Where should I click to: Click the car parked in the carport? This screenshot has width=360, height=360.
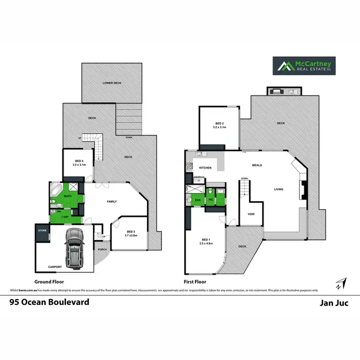[x=74, y=247]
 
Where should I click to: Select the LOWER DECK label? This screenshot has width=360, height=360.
[x=112, y=83]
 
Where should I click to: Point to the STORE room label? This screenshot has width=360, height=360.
[x=42, y=231]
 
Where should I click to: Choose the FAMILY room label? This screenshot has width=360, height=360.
[x=111, y=202]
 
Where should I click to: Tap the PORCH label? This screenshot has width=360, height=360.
[x=102, y=249]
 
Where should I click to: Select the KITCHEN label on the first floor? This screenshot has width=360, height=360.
[x=205, y=167]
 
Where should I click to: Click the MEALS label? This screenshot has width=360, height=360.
[x=257, y=165]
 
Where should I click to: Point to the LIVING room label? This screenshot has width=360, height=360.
[x=278, y=189]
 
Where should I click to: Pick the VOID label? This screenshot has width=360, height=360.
[x=251, y=214]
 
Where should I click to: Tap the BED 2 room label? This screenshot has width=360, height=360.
[x=219, y=126]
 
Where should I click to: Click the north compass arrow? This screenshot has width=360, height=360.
[x=340, y=283]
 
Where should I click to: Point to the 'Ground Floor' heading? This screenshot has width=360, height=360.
[x=49, y=282]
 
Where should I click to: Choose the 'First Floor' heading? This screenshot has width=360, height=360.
[x=195, y=282]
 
